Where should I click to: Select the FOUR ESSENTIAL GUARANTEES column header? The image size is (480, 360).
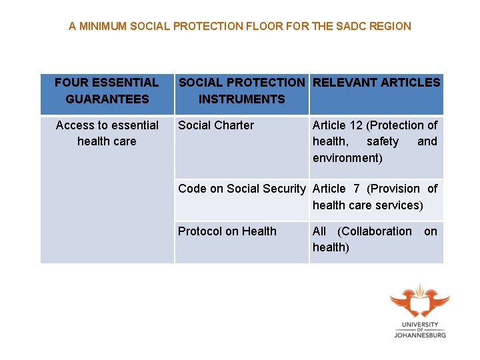pos(107,91)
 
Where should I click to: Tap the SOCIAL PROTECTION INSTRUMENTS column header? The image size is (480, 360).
pos(241,91)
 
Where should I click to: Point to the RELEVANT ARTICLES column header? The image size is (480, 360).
pos(377,83)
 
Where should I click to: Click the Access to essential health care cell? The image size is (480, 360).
pos(107,133)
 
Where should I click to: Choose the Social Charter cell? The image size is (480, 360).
pos(216,125)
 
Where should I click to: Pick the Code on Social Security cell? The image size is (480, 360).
pos(241,189)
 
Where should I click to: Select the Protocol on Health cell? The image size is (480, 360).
pos(227,231)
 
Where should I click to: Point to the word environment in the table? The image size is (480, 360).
pos(347,158)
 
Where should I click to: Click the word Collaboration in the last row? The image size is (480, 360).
pos(375,231)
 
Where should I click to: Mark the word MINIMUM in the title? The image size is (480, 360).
pos(104,27)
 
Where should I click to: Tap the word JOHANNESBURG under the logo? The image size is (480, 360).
pos(420,335)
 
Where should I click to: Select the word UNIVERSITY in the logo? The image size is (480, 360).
pos(420,325)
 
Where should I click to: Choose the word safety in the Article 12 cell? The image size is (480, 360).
pos(383,141)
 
